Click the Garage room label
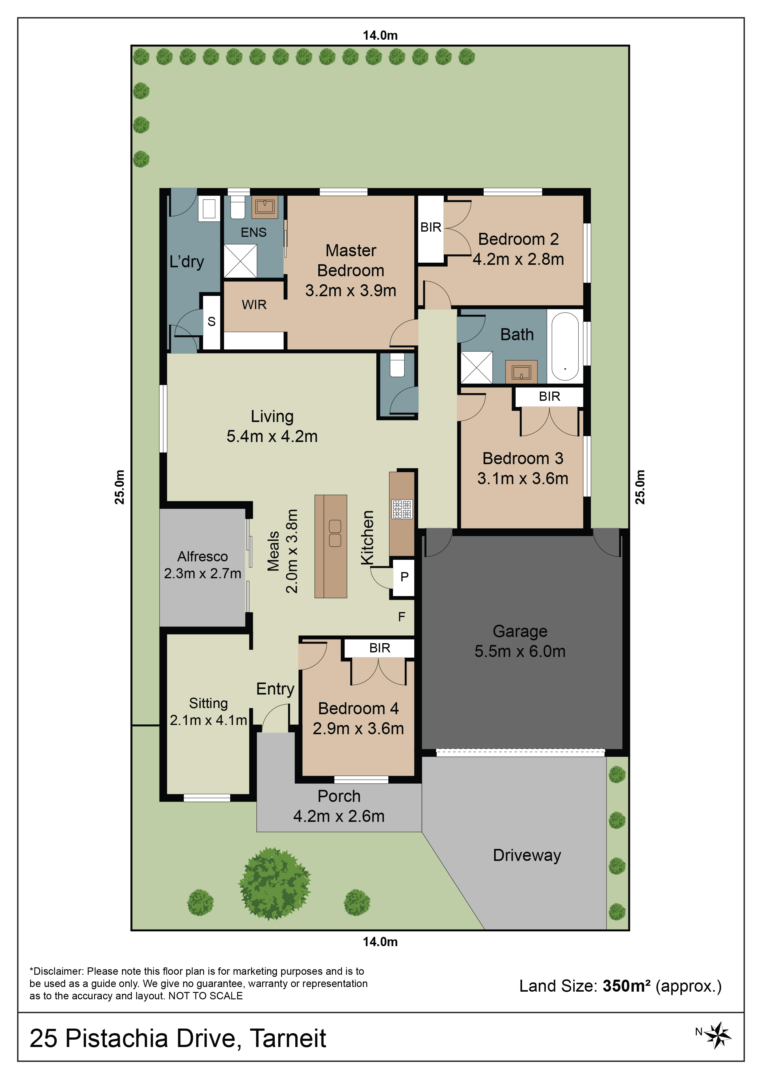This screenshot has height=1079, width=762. tap(520, 631)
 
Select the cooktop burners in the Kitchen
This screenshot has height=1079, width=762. tap(402, 509)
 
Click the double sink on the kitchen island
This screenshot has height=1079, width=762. tap(335, 533)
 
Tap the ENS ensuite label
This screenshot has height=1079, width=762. tap(253, 233)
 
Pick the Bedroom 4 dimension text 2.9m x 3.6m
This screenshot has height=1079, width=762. tap(358, 728)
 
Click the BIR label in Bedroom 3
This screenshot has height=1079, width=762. tap(549, 397)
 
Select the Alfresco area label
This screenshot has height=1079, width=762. tap(202, 556)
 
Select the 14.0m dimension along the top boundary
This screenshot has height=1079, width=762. tap(380, 35)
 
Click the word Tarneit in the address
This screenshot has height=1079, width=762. tap(288, 1039)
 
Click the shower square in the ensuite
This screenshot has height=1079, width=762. tap(240, 261)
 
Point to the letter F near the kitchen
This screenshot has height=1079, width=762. tap(401, 617)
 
